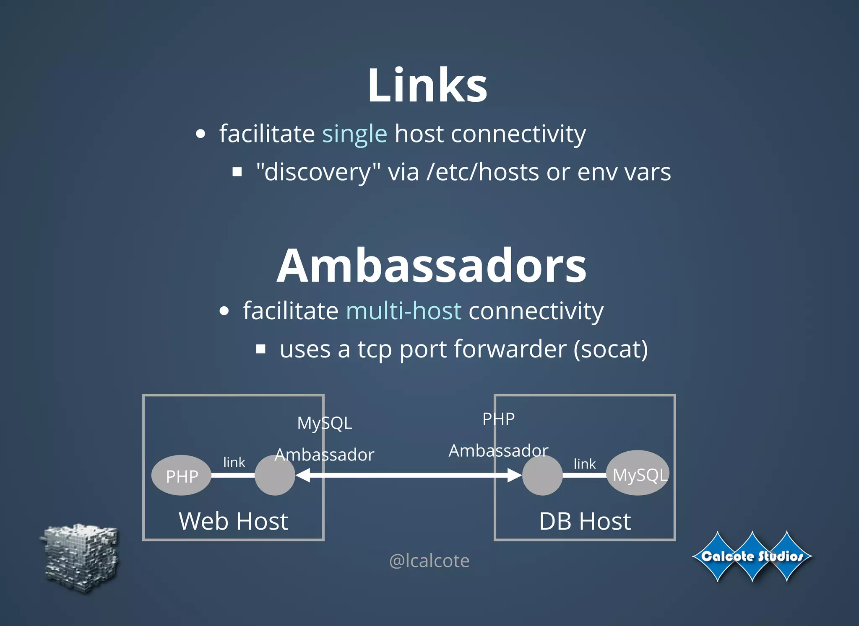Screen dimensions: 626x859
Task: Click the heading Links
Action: point(427,85)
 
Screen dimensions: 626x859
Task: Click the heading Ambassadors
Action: point(432,266)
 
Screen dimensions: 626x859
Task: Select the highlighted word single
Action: point(354,134)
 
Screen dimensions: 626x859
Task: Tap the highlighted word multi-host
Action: point(403,311)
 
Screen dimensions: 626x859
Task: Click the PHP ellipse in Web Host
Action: point(182,476)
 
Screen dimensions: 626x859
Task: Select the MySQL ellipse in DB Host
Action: point(638,473)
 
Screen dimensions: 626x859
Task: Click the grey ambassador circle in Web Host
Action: point(275,476)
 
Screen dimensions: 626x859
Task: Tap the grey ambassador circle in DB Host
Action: point(542,476)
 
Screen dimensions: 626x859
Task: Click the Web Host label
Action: point(233,521)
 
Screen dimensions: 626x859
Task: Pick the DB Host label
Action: point(585,521)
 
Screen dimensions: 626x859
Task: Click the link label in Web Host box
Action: point(234,462)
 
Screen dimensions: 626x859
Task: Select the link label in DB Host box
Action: point(584,464)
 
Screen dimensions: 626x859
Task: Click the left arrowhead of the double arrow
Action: point(303,475)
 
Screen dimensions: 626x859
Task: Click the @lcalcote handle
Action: point(429,561)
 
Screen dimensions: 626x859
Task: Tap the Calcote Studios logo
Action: point(752,556)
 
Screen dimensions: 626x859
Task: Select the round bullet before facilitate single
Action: point(201,134)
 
